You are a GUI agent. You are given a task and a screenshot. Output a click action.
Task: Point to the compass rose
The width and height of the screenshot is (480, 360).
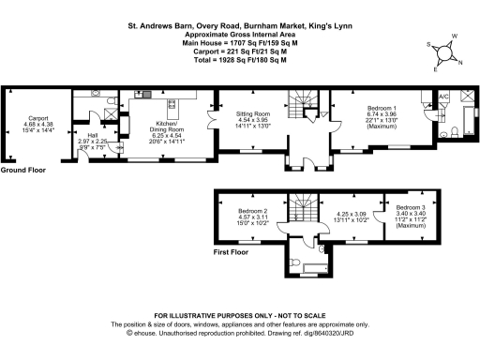(443, 52)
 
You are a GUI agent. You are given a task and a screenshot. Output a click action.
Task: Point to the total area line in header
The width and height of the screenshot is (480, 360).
(239, 60)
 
